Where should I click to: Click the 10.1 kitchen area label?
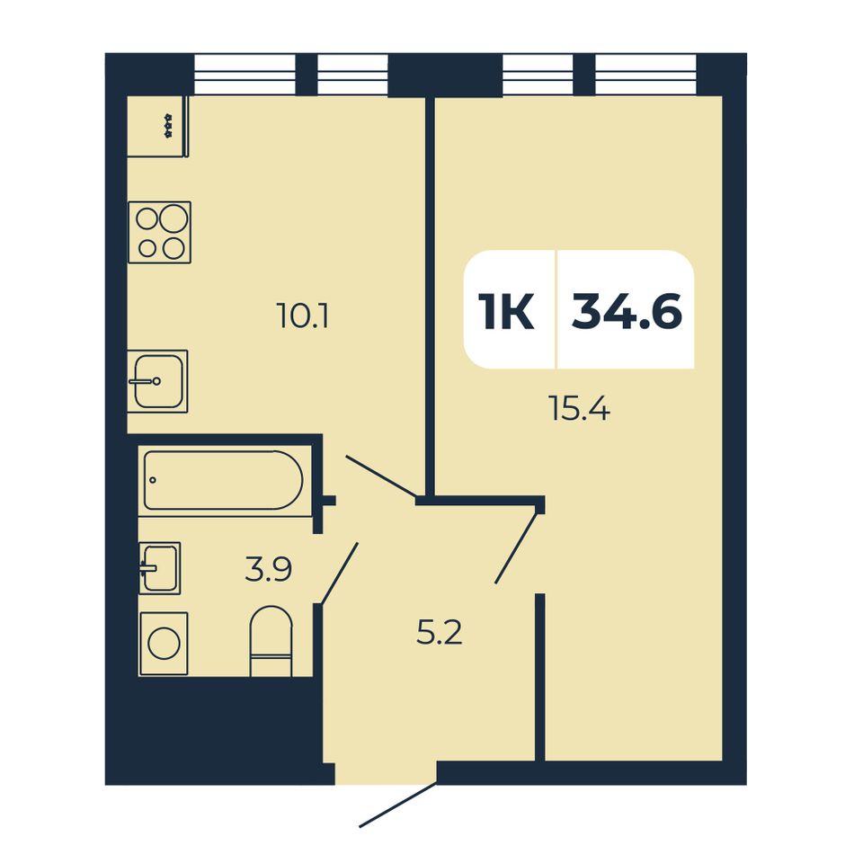click(303, 316)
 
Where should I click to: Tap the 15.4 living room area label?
click(580, 408)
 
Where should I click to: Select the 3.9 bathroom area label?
click(269, 569)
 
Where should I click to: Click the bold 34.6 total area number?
click(627, 311)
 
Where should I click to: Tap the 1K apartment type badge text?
click(506, 311)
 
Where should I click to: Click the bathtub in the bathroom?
click(223, 480)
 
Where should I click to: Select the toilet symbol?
click(271, 641)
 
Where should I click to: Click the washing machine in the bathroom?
click(164, 644)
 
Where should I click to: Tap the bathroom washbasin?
click(160, 568)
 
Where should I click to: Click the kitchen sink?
click(157, 381)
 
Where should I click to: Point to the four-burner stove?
click(160, 233)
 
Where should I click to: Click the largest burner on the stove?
click(173, 218)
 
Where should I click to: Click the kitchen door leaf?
click(382, 476)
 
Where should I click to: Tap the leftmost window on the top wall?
click(245, 75)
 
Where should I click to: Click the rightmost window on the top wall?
click(646, 75)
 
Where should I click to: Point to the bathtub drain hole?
click(153, 480)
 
